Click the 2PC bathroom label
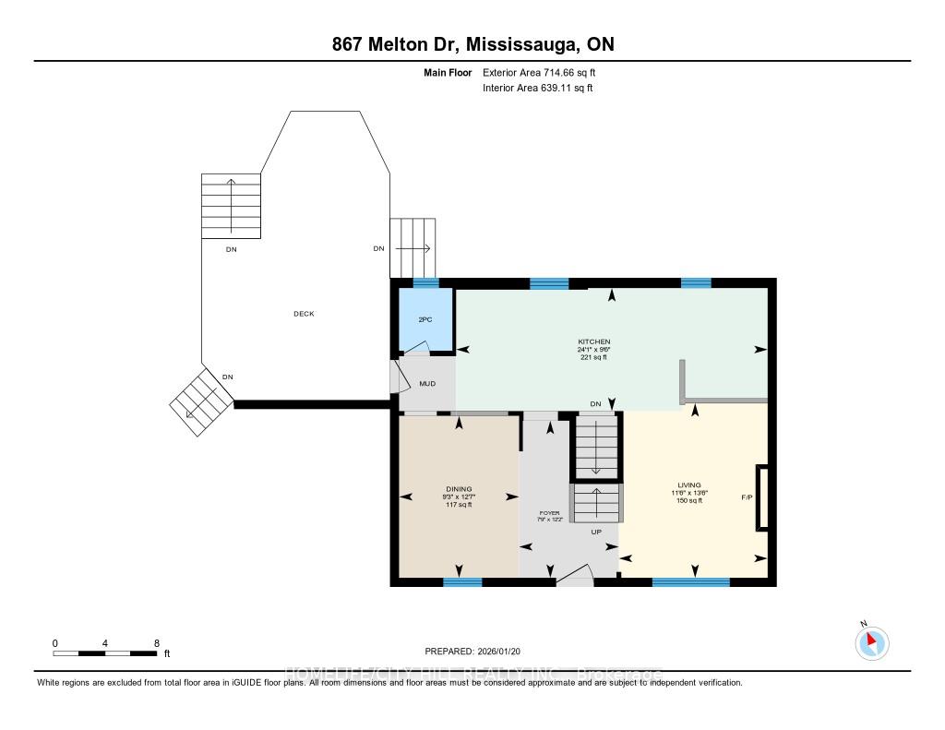(425, 318)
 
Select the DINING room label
(459, 489)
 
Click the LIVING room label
(688, 485)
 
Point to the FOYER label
(550, 512)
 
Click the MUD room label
(427, 384)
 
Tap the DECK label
(304, 314)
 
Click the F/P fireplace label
(747, 497)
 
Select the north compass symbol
(871, 642)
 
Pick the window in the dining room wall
(462, 582)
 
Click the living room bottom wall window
(690, 582)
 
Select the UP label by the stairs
(596, 532)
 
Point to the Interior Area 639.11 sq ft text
(538, 89)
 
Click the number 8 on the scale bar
(157, 642)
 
